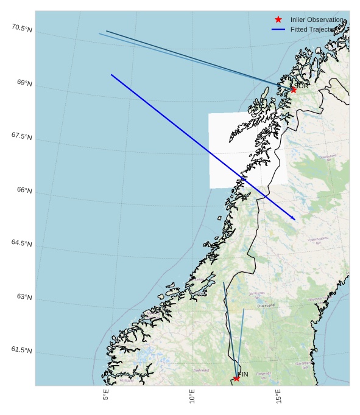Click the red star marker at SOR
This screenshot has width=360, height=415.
(293, 89)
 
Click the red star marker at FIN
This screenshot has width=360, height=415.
(236, 378)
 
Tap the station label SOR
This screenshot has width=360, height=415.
(302, 86)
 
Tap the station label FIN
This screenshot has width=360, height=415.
(243, 374)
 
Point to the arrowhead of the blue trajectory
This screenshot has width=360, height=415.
(294, 218)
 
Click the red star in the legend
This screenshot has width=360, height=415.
(278, 19)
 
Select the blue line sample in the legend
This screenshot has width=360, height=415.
(278, 29)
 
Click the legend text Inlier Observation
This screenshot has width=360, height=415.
(316, 19)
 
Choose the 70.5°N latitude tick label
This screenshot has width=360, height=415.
(21, 28)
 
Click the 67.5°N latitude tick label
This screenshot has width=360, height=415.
(21, 136)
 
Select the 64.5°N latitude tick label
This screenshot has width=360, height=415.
(21, 243)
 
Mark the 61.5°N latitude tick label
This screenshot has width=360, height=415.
(21, 350)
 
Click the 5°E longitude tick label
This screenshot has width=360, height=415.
(106, 394)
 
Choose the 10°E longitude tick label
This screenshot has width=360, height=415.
(192, 396)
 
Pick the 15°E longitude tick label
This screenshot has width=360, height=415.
(278, 396)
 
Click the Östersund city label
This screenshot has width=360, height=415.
(266, 305)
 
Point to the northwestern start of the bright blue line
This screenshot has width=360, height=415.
(111, 75)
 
